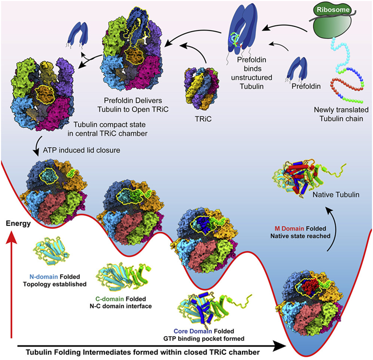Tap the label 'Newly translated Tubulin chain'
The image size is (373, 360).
tap(340, 114)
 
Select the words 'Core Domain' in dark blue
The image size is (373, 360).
tap(196, 330)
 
